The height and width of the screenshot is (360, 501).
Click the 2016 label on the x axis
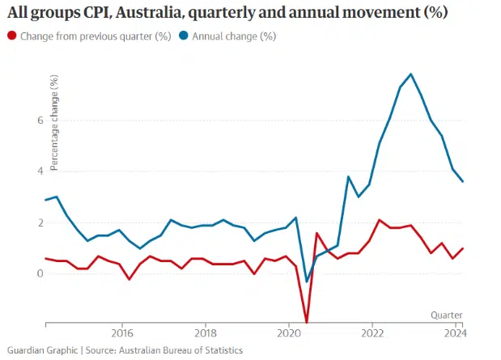tap(122, 332)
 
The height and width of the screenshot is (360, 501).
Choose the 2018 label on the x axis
tap(206, 332)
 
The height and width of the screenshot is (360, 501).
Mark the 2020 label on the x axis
tap(289, 332)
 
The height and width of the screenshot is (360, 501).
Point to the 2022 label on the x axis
tap(372, 332)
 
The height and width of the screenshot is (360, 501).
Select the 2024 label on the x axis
tap(456, 332)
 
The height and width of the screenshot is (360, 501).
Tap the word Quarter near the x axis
tap(447, 314)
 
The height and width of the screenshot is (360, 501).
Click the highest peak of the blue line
tap(411, 74)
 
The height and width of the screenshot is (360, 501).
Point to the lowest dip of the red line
tap(307, 323)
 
